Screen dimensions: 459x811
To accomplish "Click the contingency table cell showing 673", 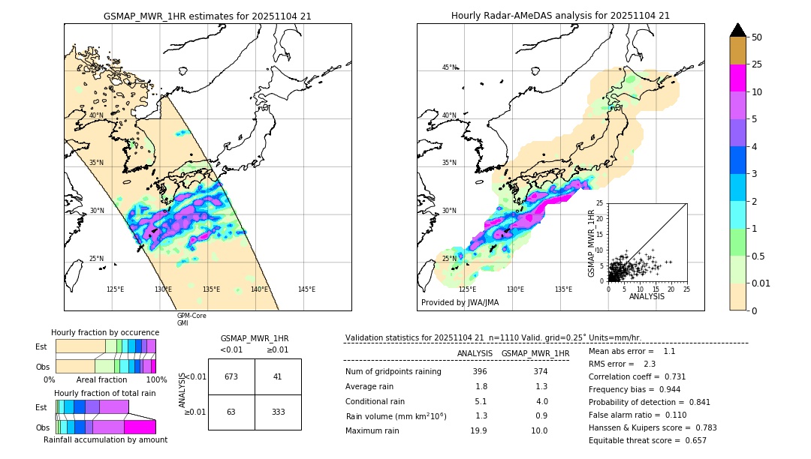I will (231, 376).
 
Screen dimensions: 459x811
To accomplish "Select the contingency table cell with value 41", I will (278, 376).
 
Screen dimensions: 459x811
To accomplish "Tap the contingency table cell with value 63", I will (231, 412).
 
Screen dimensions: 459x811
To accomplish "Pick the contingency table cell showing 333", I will (278, 412).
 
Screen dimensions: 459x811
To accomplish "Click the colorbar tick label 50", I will (757, 37).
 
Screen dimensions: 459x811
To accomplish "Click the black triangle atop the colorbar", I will (738, 30).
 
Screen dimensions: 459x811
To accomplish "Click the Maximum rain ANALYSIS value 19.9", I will (478, 430).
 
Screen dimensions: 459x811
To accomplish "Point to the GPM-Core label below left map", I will (191, 316).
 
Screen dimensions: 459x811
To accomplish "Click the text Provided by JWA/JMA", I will (460, 302).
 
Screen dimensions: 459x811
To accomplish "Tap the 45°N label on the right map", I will (449, 67).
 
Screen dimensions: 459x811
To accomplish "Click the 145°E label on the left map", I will (306, 289).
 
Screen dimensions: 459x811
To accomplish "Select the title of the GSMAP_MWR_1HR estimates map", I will (207, 16).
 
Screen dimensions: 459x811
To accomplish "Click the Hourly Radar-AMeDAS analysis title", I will (560, 16).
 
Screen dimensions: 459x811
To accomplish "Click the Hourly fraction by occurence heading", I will (105, 332).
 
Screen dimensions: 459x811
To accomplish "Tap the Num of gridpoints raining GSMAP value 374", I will (540, 371).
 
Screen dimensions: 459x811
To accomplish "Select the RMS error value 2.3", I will (650, 364).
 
